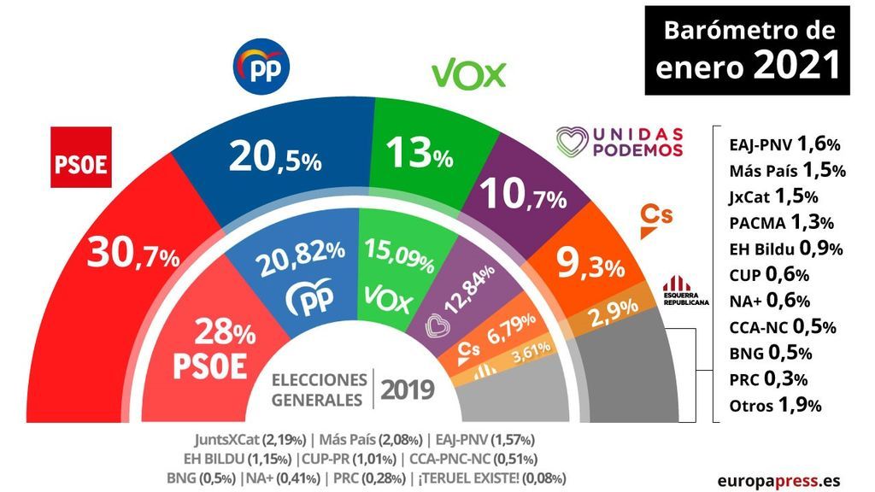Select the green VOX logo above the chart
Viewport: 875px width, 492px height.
pos(469,75)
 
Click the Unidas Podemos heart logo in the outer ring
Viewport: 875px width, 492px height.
pos(572,142)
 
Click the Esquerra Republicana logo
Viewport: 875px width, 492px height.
pos(686,293)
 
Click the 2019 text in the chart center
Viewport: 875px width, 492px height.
pos(407,389)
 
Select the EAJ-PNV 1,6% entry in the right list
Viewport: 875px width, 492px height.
pos(782,143)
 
